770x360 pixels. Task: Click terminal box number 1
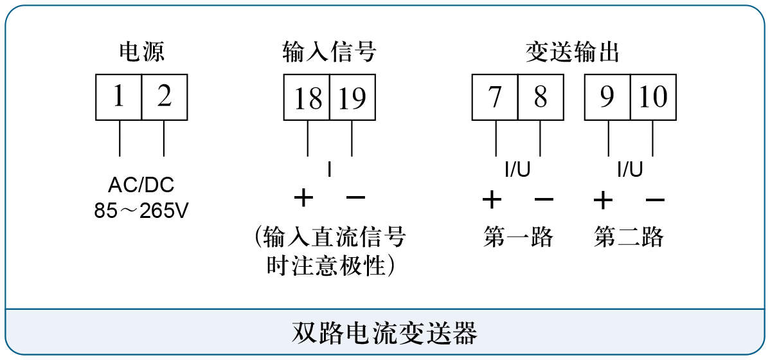pyautogui.click(x=118, y=97)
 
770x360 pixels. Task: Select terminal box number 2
pyautogui.click(x=165, y=97)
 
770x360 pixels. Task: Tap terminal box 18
pyautogui.click(x=307, y=97)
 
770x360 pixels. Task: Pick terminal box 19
pyautogui.click(x=353, y=97)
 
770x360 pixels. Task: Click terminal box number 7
pyautogui.click(x=495, y=97)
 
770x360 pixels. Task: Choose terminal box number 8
pyautogui.click(x=541, y=97)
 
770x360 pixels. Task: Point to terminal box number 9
pyautogui.click(x=607, y=97)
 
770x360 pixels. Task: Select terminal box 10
pyautogui.click(x=654, y=97)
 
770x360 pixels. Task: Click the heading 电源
pyautogui.click(x=142, y=51)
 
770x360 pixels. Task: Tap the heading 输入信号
pyautogui.click(x=330, y=51)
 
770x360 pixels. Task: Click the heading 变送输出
pyautogui.click(x=573, y=51)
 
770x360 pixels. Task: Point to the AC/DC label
pyautogui.click(x=141, y=186)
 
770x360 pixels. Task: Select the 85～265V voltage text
pyautogui.click(x=141, y=212)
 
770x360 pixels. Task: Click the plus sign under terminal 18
pyautogui.click(x=303, y=199)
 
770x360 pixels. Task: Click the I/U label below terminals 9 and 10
pyautogui.click(x=630, y=170)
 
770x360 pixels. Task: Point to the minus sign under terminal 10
pyautogui.click(x=655, y=200)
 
